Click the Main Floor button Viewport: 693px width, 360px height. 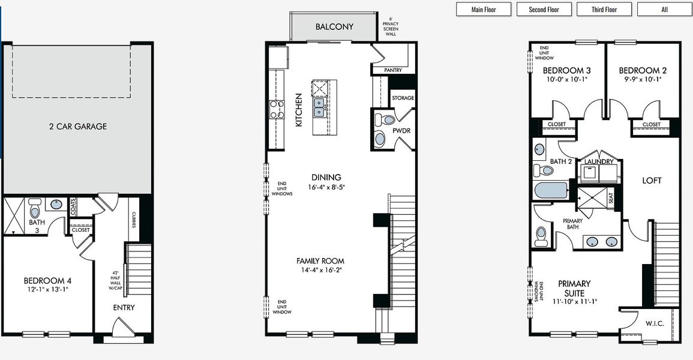[484, 10]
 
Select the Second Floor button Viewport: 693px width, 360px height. [544, 10]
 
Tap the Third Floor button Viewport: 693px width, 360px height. [604, 10]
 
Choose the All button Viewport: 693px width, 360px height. [664, 10]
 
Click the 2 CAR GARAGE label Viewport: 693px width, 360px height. [78, 126]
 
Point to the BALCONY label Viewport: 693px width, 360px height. [334, 27]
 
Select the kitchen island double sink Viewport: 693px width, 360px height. [319, 107]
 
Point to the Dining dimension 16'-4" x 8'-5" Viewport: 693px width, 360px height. [326, 187]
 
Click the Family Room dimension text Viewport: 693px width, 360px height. [320, 270]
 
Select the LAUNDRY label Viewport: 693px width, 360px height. [599, 162]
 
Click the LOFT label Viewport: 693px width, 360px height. [652, 181]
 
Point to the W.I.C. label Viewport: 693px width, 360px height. [655, 324]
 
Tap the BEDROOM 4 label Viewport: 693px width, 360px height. [48, 281]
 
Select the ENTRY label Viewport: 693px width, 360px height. [124, 308]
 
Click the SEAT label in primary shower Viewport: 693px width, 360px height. [611, 199]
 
